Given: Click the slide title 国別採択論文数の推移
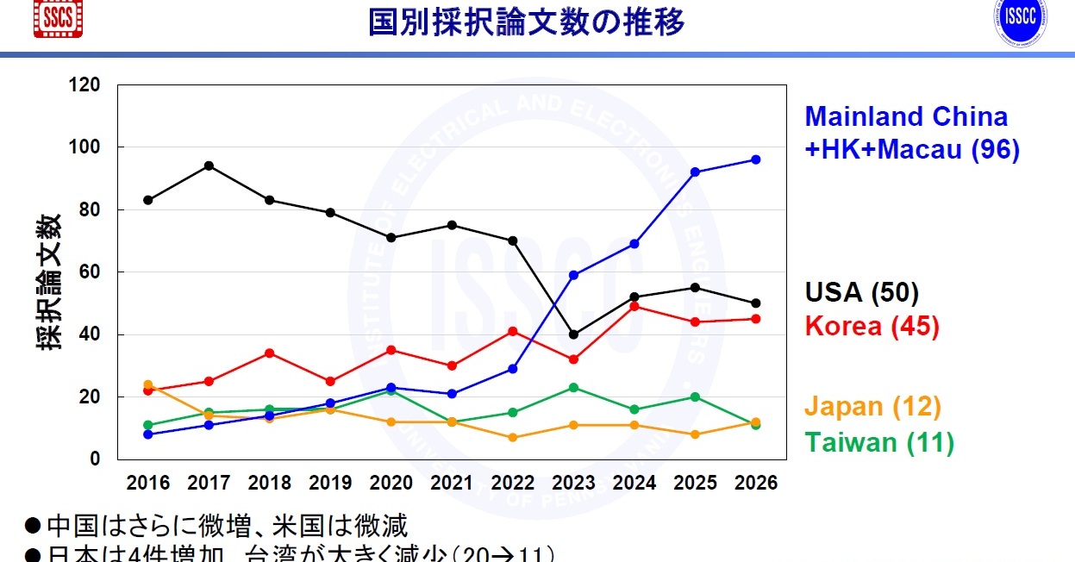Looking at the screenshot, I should [x=527, y=22].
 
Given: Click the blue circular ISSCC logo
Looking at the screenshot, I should [x=1021, y=22].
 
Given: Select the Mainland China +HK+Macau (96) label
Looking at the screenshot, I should [x=911, y=133].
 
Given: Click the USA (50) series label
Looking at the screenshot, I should [x=861, y=292].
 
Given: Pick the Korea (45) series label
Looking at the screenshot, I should [x=871, y=326].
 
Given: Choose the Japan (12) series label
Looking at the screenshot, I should [x=872, y=407].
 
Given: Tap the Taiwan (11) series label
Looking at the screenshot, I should [x=878, y=443].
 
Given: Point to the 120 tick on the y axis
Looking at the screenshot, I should [x=86, y=84].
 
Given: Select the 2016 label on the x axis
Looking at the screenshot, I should [x=148, y=483].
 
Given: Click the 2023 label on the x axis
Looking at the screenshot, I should [x=573, y=483].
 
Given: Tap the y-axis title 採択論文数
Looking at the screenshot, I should [x=49, y=281].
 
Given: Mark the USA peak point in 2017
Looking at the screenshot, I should [x=209, y=165].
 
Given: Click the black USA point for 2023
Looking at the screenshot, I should [x=573, y=334].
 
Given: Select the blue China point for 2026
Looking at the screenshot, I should [x=755, y=159].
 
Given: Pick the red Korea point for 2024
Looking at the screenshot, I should [x=634, y=306].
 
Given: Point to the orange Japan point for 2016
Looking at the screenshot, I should [x=148, y=384].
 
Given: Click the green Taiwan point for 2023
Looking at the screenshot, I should [x=573, y=387].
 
